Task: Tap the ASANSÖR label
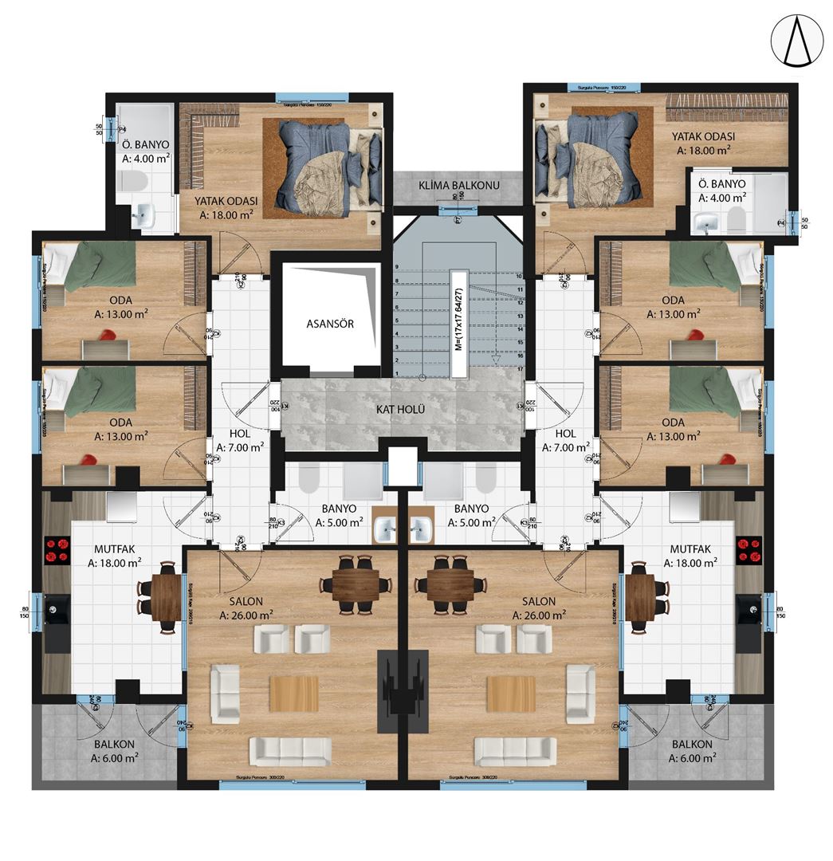point(330,324)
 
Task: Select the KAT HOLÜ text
point(400,410)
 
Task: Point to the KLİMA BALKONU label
point(458,186)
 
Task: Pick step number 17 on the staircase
point(519,370)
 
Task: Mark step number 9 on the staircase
point(396,267)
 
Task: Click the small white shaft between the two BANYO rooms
point(403,466)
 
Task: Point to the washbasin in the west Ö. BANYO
point(144,214)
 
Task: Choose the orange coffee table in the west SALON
point(293,694)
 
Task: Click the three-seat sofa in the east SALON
point(515,750)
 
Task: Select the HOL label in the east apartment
point(565,433)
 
